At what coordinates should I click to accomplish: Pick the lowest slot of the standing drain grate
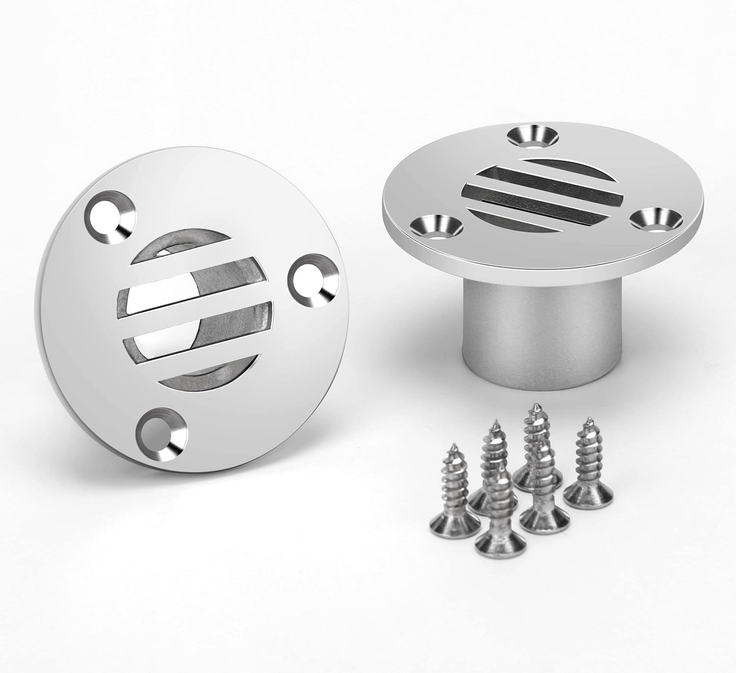coord(520,216)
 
